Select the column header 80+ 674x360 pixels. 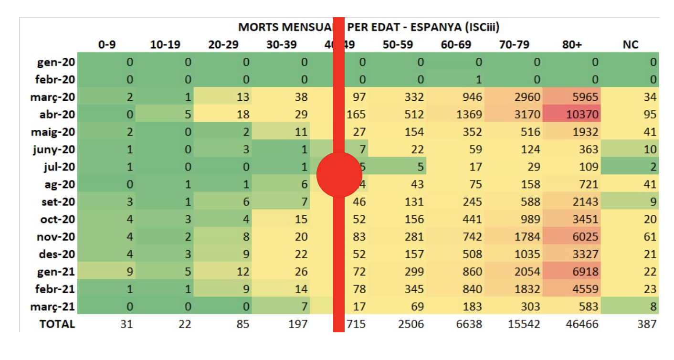(x=572, y=45)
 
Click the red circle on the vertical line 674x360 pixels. (x=339, y=174)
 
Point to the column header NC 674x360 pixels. (x=631, y=45)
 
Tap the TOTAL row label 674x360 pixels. (x=58, y=324)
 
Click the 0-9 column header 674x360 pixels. (x=107, y=45)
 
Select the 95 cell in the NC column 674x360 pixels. (x=650, y=115)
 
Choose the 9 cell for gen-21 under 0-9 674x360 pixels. (x=129, y=272)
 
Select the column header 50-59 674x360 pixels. (x=398, y=45)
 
